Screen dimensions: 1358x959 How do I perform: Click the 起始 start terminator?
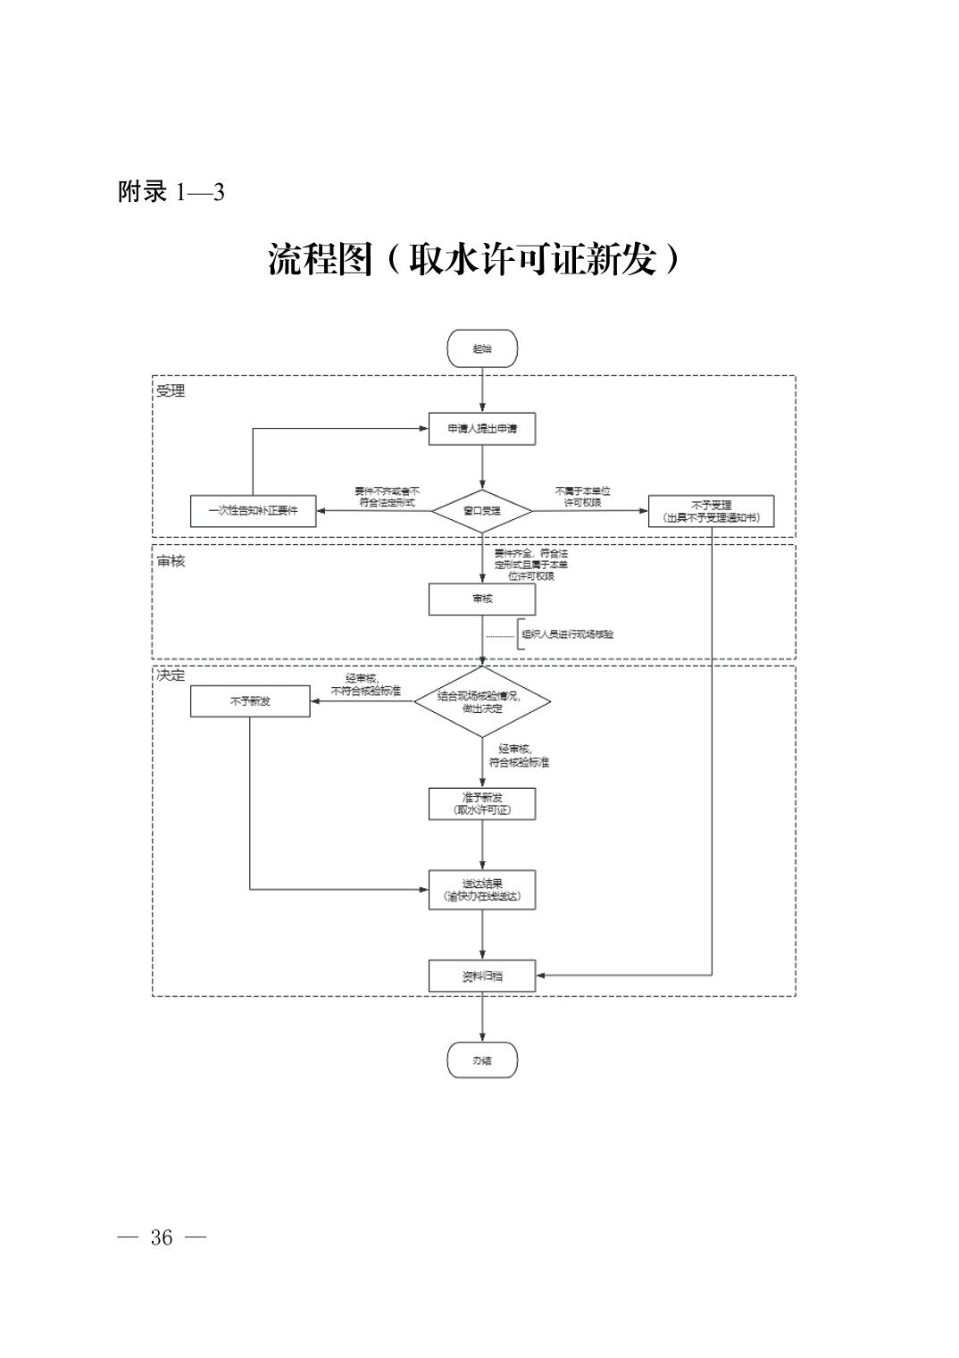(482, 348)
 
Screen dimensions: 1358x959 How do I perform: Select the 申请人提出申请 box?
(482, 429)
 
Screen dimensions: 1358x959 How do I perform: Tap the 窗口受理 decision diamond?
(482, 512)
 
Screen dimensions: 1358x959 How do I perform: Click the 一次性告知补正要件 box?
(254, 511)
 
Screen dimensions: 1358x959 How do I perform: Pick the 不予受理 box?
(711, 511)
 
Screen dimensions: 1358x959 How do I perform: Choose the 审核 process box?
(482, 599)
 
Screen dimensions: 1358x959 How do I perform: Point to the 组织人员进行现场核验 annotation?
(568, 634)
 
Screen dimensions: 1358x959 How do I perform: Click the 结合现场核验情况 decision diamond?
(482, 701)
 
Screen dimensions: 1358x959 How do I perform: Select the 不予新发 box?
(250, 701)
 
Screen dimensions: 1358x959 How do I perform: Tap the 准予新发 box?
(482, 804)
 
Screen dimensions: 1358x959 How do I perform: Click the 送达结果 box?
(482, 890)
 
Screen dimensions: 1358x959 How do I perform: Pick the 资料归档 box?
(482, 976)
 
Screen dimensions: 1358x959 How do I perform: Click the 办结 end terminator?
(482, 1060)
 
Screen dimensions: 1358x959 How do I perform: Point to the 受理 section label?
(171, 391)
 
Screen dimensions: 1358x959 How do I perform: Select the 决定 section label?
(171, 675)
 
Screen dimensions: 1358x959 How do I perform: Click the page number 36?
(162, 1237)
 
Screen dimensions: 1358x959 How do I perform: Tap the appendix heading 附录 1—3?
(171, 192)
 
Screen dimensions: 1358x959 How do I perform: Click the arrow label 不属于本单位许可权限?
(582, 497)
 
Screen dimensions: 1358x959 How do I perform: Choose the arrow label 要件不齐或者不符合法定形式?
(386, 497)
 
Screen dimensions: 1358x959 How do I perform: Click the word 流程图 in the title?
(319, 260)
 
